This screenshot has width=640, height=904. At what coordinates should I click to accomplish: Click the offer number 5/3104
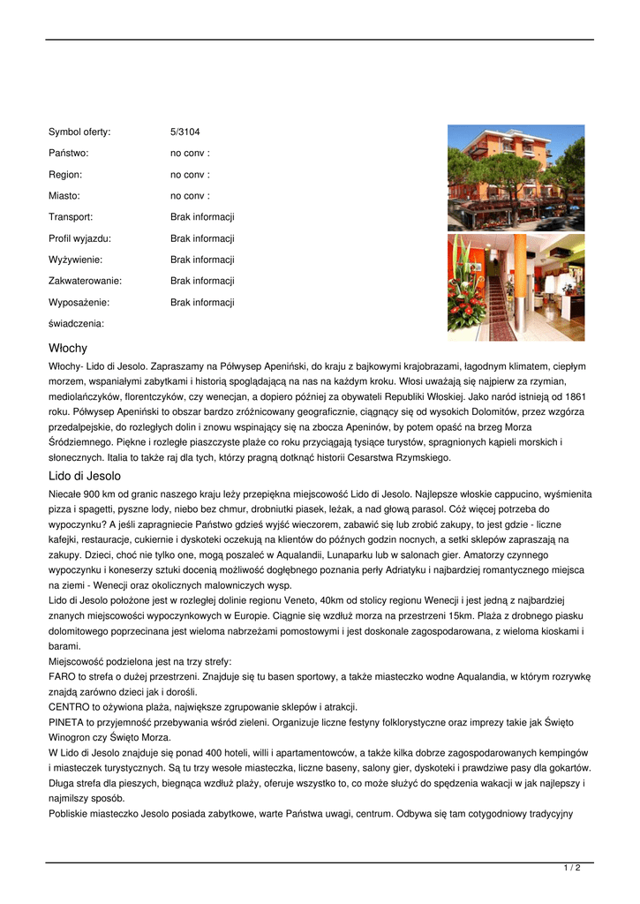184,132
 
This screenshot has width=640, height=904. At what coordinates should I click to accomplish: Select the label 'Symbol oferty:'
79,132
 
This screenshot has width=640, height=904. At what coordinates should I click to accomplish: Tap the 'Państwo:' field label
68,154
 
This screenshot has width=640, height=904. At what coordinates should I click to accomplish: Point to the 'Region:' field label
65,175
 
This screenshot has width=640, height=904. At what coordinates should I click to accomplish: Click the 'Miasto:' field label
64,196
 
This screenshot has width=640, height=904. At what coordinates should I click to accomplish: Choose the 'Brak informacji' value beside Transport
202,217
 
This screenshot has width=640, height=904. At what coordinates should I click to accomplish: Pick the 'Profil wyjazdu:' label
79,238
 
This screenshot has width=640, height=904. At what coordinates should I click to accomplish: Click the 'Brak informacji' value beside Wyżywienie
202,260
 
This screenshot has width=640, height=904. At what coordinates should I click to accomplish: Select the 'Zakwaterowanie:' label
85,281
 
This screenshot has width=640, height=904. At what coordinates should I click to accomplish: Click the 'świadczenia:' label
76,324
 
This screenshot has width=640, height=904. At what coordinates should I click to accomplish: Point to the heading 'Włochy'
68,349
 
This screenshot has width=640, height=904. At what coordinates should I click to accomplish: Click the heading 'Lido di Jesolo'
85,476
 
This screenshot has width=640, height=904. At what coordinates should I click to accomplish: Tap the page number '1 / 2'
571,869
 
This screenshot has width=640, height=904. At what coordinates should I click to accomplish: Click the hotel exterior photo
516,177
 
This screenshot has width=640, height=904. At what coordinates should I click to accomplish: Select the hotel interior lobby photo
516,287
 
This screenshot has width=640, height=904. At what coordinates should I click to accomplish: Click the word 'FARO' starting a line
62,676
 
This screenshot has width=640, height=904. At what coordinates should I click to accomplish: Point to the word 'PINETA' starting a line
66,722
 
